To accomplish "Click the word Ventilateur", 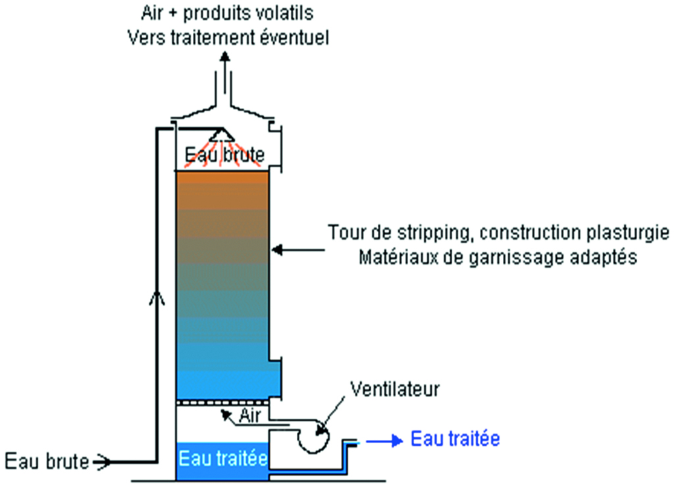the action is (395, 389).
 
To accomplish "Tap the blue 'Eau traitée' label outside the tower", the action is (455, 439).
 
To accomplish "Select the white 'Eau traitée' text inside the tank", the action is (223, 458).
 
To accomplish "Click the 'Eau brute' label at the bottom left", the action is (47, 462).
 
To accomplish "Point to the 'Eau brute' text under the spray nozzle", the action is (224, 155).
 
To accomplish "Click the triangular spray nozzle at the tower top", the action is (222, 134).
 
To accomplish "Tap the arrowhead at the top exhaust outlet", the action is (224, 57).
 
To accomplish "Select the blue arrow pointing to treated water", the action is (384, 441).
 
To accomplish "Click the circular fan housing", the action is (314, 436).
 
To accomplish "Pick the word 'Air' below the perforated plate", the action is (249, 416).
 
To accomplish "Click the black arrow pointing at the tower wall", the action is (298, 250).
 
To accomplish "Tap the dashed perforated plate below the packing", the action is (222, 403).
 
